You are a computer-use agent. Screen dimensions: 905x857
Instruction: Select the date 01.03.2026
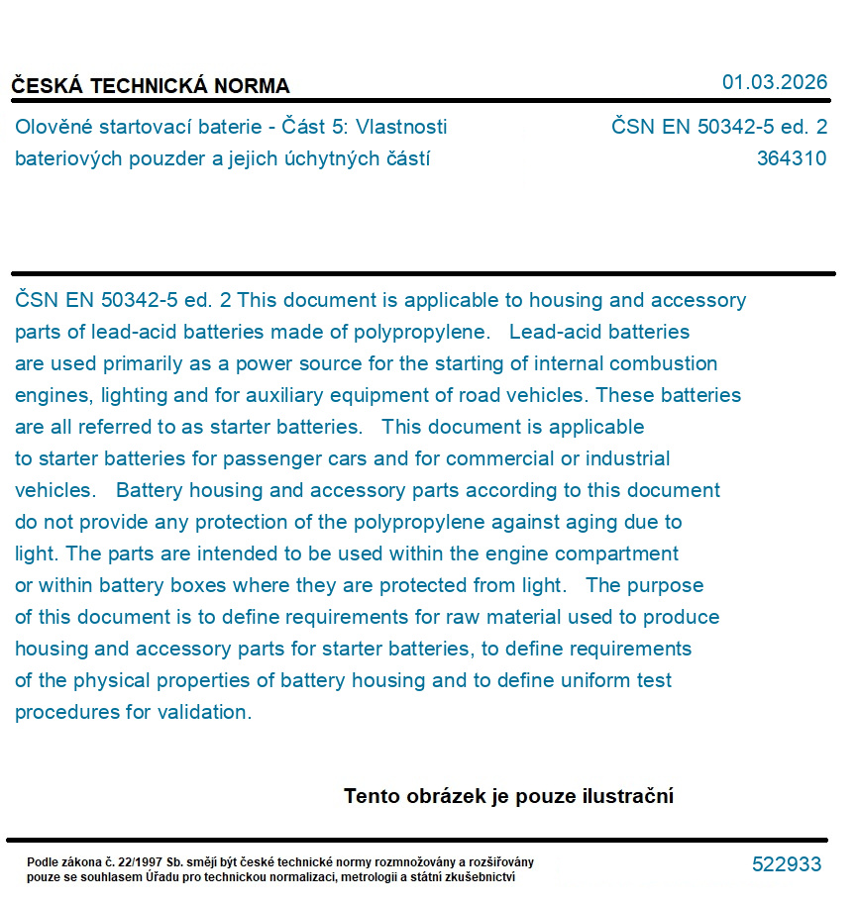click(775, 82)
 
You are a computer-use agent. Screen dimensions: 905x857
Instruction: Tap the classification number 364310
click(791, 158)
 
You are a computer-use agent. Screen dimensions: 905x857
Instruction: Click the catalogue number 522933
click(787, 864)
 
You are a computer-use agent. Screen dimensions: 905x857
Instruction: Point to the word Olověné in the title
click(51, 127)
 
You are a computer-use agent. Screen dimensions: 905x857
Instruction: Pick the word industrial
click(627, 458)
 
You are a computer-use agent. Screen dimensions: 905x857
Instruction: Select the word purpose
click(667, 585)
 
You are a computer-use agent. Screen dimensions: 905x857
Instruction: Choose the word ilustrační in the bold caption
click(629, 796)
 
